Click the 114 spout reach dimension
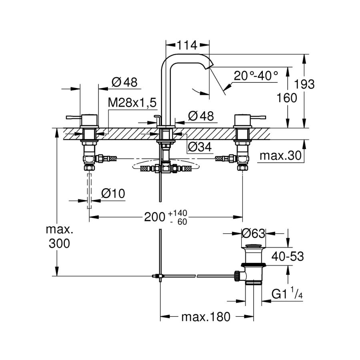188,45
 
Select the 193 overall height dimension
305,84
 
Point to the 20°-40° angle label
256,76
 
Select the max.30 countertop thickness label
280,156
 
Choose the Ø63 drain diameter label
254,233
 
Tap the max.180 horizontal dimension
206,317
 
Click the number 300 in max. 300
58,243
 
